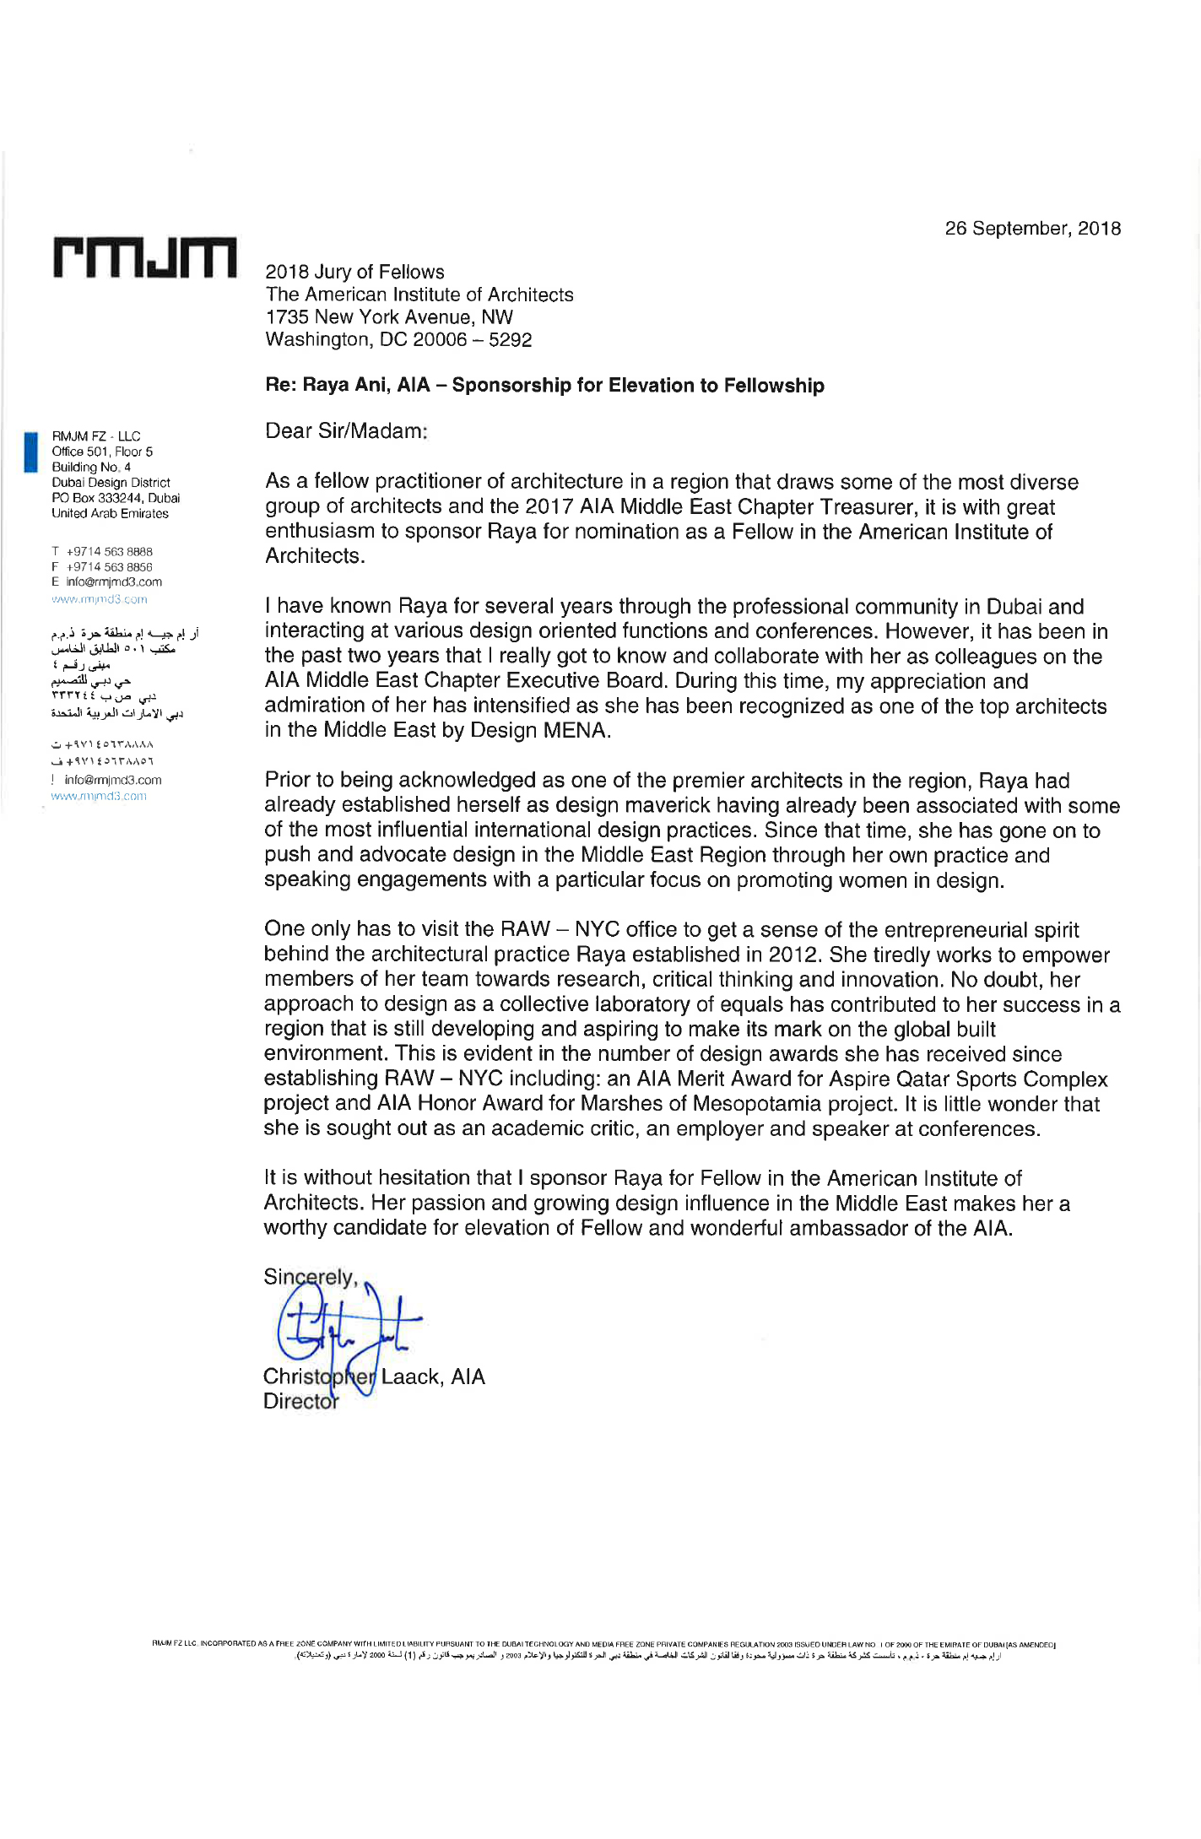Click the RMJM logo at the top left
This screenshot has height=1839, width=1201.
pos(144,257)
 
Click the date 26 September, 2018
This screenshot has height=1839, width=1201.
pos(1032,229)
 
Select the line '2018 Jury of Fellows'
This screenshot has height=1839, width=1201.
pos(354,272)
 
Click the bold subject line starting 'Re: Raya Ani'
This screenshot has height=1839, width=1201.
pos(544,386)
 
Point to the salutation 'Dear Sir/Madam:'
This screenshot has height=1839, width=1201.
pos(346,431)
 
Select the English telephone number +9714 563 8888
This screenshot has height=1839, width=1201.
pos(110,552)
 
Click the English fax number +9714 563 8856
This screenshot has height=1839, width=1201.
pos(110,567)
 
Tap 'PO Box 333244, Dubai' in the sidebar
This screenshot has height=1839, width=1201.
pos(116,498)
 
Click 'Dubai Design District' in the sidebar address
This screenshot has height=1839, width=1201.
pos(111,483)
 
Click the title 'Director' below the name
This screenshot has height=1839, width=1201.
pos(300,1402)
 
